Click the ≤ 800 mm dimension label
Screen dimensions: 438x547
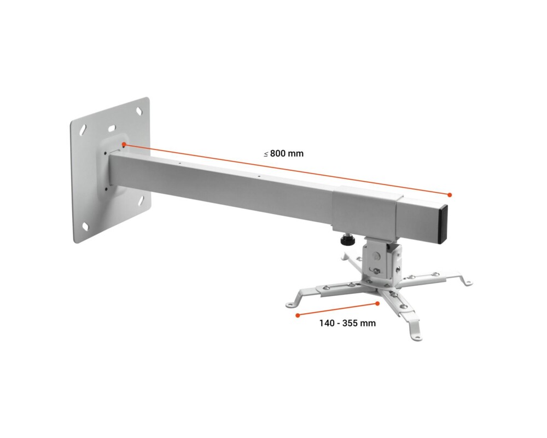pos(283,154)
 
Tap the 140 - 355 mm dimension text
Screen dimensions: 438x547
pos(347,323)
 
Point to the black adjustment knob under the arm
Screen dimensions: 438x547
pos(345,240)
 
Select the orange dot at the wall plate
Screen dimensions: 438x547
pos(125,145)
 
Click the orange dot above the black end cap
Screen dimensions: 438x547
pos(450,194)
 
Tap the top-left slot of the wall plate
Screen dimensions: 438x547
pos(83,130)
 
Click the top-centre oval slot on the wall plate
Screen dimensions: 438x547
pos(112,129)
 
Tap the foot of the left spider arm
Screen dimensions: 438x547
pos(290,302)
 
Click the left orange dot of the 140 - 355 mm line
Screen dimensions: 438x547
pos(297,315)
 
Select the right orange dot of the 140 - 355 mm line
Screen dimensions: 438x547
pos(377,303)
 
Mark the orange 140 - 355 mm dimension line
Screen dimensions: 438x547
pos(337,309)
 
